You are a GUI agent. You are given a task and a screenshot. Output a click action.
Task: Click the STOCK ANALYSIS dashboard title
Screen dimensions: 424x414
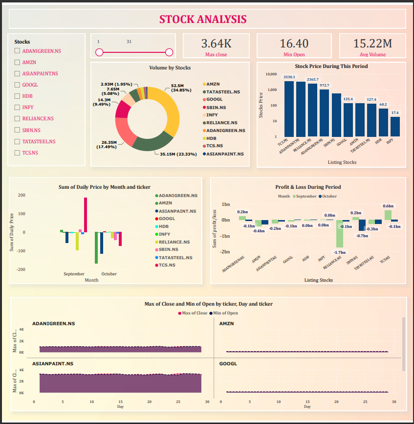203,20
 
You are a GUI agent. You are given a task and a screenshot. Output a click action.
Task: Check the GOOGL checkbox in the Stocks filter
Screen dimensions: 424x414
18,85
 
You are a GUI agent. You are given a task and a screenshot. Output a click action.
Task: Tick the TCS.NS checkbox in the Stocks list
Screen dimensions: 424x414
18,153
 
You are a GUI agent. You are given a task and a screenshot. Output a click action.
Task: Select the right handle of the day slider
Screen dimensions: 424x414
169,52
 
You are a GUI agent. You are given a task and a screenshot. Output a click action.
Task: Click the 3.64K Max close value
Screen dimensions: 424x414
216,44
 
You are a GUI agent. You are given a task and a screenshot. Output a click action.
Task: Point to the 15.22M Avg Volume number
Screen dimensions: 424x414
372,44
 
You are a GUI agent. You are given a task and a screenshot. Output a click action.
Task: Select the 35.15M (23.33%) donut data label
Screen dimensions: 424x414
178,154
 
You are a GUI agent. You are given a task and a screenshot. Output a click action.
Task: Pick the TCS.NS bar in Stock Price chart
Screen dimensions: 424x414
289,109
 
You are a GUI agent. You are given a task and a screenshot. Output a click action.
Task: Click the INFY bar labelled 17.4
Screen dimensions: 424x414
395,127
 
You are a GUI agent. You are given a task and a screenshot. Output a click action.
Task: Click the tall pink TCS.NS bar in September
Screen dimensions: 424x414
86,215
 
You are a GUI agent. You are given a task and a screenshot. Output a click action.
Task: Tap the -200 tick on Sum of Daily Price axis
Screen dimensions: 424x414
21,269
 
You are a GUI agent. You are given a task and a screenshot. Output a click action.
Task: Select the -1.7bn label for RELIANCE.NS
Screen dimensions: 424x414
339,252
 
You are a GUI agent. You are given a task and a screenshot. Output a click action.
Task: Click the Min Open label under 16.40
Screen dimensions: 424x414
294,55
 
